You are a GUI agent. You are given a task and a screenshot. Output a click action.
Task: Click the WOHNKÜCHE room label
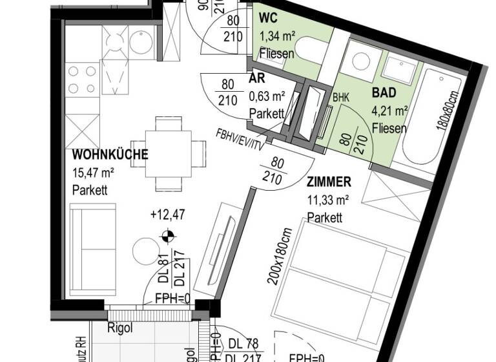(x=110, y=154)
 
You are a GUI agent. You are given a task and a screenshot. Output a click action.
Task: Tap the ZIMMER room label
(x=329, y=182)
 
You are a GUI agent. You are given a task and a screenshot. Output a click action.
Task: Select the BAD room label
(x=384, y=92)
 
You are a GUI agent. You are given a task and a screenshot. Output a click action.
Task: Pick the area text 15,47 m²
(x=94, y=173)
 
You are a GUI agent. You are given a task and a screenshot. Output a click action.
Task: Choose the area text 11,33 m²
(x=328, y=200)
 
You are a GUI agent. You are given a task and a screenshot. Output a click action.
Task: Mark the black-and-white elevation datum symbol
(x=167, y=237)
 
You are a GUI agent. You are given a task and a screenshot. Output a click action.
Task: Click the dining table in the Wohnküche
(x=167, y=153)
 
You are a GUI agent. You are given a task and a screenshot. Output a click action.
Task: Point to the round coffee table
(x=145, y=251)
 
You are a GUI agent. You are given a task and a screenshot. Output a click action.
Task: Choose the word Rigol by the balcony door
(x=119, y=328)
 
